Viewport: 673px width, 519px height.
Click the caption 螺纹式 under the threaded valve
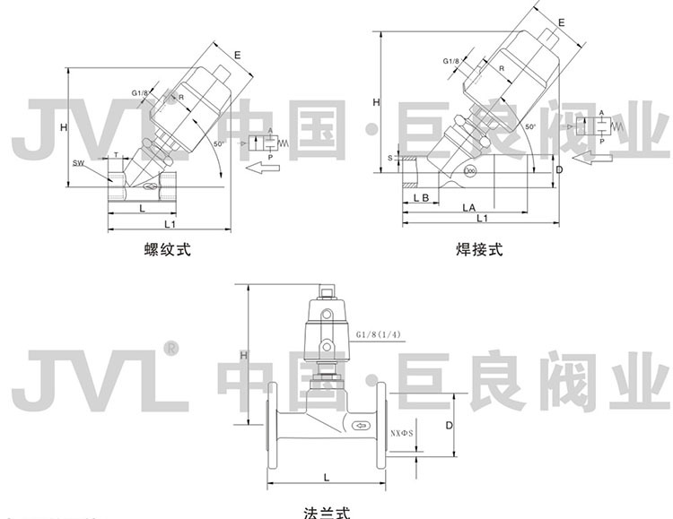[168, 250]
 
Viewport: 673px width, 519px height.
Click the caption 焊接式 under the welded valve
[481, 250]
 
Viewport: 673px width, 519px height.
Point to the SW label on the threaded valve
[79, 162]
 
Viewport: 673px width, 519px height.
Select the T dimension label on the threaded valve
[116, 154]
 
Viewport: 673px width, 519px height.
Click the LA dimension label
[468, 206]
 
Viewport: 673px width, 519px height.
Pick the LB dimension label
[422, 195]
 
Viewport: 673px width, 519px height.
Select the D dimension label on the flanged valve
[449, 427]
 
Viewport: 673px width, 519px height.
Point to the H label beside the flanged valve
[243, 357]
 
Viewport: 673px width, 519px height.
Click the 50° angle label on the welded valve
[530, 126]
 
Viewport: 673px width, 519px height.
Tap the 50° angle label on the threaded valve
[220, 143]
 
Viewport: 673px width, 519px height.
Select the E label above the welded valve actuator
[562, 21]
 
